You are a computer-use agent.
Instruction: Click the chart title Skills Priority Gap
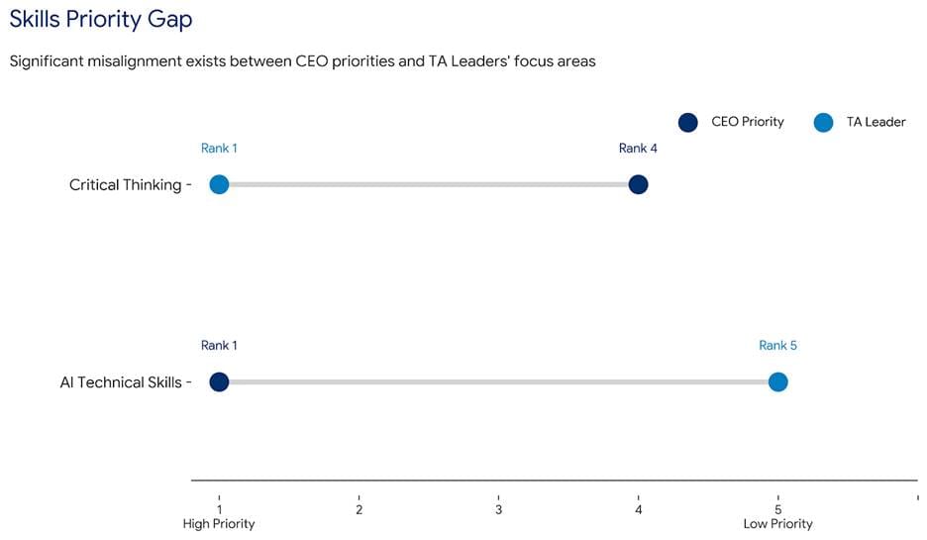(x=101, y=19)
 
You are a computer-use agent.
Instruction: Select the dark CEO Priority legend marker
(x=688, y=123)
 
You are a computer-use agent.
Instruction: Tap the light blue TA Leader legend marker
(x=823, y=123)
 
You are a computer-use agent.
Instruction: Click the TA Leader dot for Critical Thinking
(x=219, y=185)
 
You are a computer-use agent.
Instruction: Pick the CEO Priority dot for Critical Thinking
(x=638, y=185)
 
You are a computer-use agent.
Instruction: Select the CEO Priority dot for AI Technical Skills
(x=219, y=382)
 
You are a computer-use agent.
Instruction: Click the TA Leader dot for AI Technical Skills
(x=777, y=382)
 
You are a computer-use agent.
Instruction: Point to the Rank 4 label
(x=638, y=149)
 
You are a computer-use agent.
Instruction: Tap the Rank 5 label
(x=777, y=346)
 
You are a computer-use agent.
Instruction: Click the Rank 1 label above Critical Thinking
(x=219, y=149)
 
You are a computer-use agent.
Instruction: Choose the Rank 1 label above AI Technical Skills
(x=219, y=346)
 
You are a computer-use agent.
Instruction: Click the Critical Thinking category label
(x=125, y=185)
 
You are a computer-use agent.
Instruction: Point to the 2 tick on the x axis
(x=359, y=509)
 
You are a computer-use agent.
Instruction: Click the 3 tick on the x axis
(x=498, y=509)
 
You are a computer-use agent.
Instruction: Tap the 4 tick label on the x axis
(x=638, y=509)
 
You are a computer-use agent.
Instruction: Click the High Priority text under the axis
(x=219, y=524)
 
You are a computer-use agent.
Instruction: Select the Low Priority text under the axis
(x=777, y=524)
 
